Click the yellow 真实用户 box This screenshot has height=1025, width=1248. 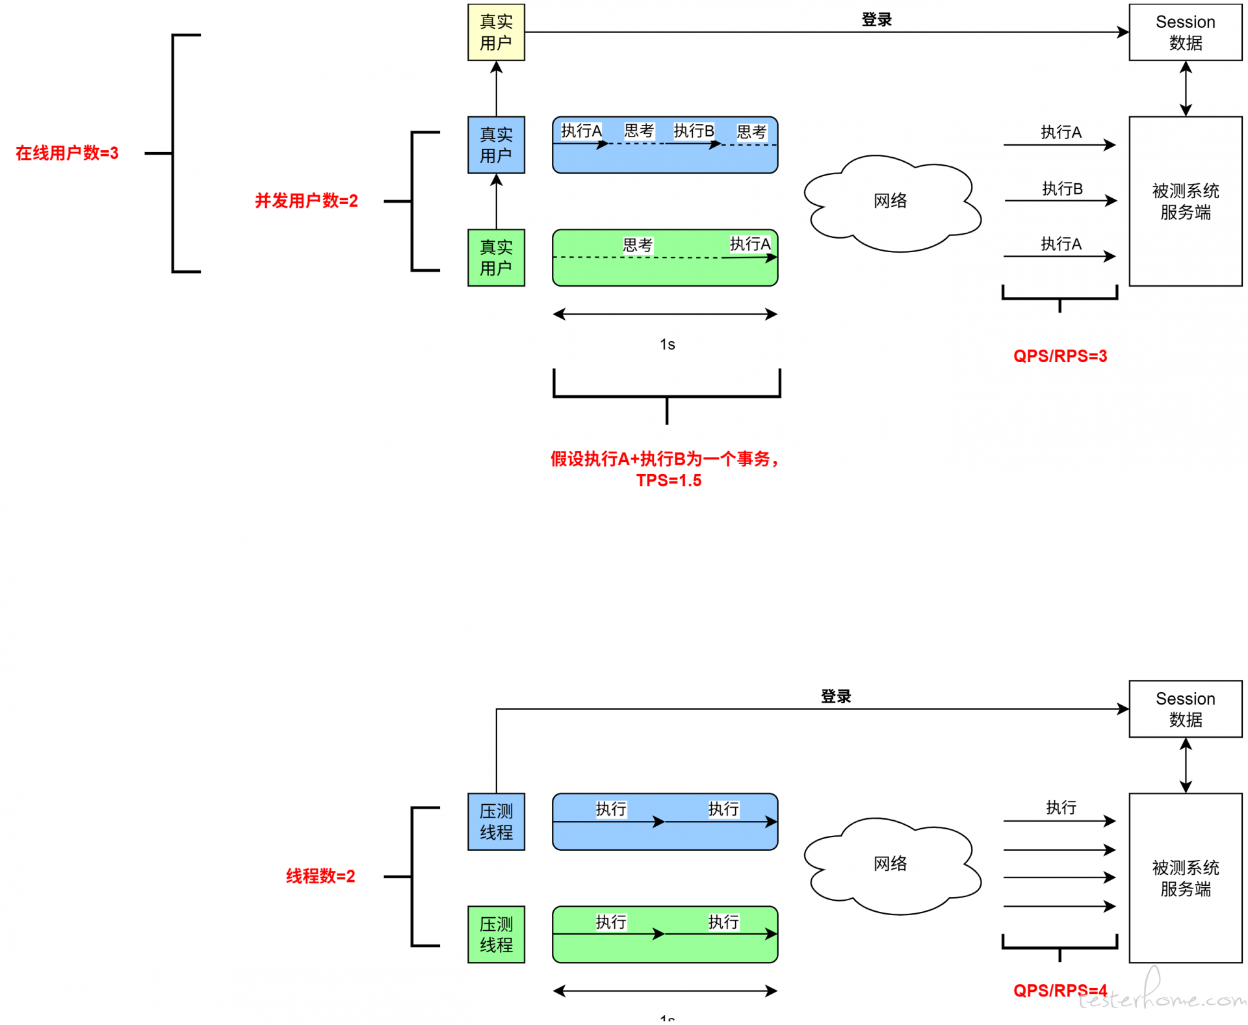(x=496, y=32)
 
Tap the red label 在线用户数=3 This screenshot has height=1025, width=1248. (x=67, y=153)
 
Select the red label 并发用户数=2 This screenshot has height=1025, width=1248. (x=306, y=201)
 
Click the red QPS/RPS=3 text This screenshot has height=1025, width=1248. (x=1059, y=356)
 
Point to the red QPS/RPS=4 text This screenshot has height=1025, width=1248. (x=1059, y=991)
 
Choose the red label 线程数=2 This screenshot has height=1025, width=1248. (x=320, y=876)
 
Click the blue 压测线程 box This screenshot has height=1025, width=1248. (x=496, y=822)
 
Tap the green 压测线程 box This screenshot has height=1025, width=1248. (x=496, y=935)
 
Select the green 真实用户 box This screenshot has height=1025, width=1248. (x=496, y=257)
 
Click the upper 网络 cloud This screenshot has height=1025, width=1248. (x=890, y=201)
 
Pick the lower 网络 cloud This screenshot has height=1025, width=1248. (x=890, y=864)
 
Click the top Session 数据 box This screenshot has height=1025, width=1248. (x=1185, y=32)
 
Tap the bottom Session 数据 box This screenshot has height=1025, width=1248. (x=1185, y=708)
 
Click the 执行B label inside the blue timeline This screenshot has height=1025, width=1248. (x=694, y=131)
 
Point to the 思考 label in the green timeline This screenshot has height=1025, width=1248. (x=637, y=245)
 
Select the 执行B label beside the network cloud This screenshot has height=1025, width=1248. (x=1062, y=188)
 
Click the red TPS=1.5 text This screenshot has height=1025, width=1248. (x=668, y=480)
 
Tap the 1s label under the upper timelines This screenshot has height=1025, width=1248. (x=667, y=344)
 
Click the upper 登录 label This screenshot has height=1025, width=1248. (x=876, y=19)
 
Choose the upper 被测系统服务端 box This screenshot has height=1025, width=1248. (x=1185, y=201)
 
